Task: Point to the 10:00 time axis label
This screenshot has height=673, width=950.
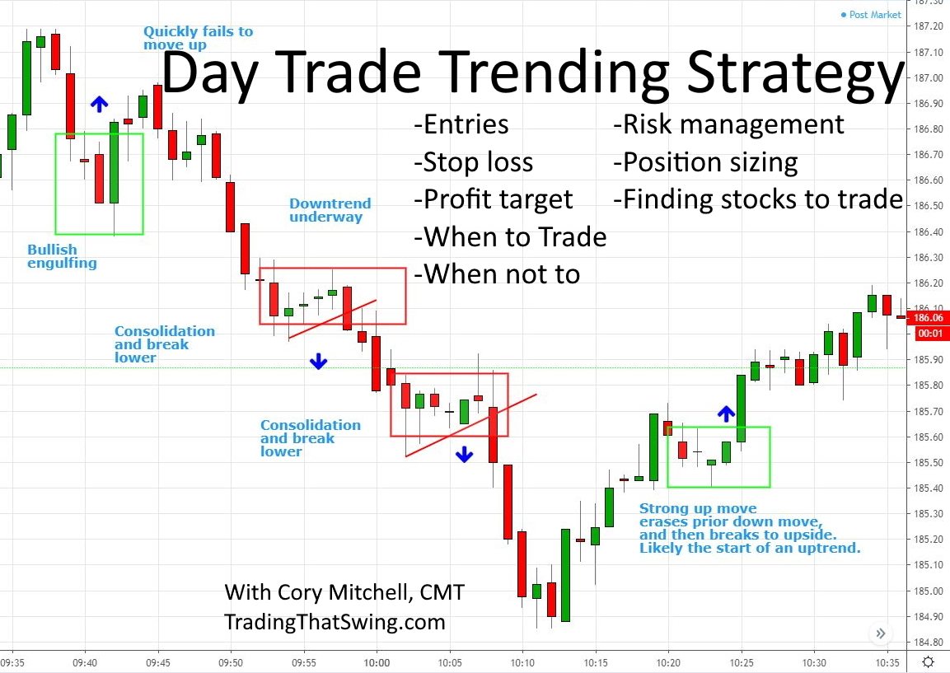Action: [377, 661]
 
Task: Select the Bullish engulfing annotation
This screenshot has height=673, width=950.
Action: [62, 256]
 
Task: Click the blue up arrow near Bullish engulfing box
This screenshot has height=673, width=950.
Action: [99, 104]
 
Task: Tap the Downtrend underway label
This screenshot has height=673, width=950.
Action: [330, 210]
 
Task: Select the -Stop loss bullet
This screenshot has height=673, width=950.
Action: [473, 162]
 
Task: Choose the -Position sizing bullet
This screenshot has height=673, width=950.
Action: [704, 161]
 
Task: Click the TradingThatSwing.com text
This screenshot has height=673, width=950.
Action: [335, 622]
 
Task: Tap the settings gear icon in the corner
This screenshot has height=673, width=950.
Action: [929, 661]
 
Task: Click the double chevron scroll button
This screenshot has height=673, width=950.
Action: [881, 633]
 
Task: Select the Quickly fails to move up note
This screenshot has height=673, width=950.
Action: [198, 38]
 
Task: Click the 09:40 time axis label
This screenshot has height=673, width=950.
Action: [85, 661]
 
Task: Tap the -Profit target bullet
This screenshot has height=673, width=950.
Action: [493, 199]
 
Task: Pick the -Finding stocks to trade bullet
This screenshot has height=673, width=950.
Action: [757, 199]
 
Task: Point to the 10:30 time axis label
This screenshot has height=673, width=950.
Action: [814, 661]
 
